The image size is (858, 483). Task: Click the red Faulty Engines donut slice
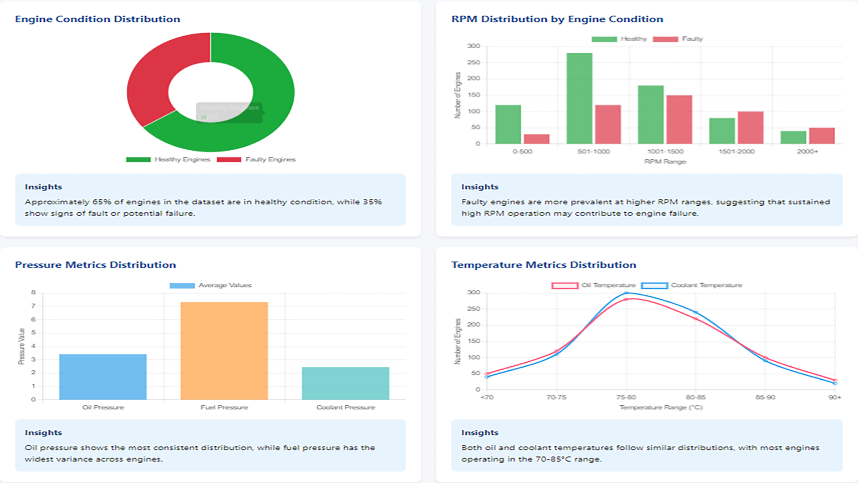pyautogui.click(x=147, y=80)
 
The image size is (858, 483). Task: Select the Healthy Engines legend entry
pyautogui.click(x=168, y=160)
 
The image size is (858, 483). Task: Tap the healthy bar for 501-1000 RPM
pyautogui.click(x=580, y=98)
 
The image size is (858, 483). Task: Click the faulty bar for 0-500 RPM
pyautogui.click(x=537, y=139)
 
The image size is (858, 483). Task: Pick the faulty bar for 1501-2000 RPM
pyautogui.click(x=750, y=128)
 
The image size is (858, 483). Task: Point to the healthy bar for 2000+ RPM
pyautogui.click(x=793, y=137)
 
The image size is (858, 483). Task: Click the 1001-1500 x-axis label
pyautogui.click(x=665, y=152)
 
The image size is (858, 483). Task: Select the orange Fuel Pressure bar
pyautogui.click(x=224, y=351)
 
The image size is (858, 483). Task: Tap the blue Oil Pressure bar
pyautogui.click(x=103, y=377)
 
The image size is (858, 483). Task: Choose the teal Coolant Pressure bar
pyautogui.click(x=345, y=383)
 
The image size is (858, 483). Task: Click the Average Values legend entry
pyautogui.click(x=210, y=285)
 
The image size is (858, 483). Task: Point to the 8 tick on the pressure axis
pyautogui.click(x=33, y=292)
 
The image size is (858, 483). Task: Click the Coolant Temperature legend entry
pyautogui.click(x=692, y=285)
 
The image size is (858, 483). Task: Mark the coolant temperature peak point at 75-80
pyautogui.click(x=626, y=293)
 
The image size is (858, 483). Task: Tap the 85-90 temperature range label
pyautogui.click(x=765, y=397)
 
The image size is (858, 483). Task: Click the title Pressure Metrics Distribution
pyautogui.click(x=96, y=265)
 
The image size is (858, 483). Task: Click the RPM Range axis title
pyautogui.click(x=665, y=161)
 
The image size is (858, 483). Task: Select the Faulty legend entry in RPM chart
pyautogui.click(x=678, y=39)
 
